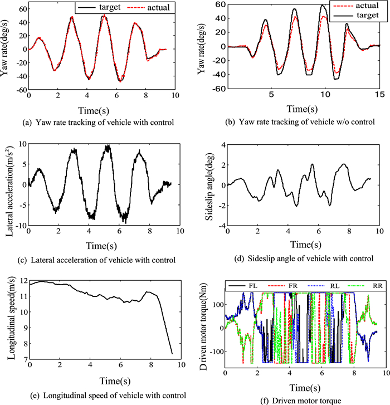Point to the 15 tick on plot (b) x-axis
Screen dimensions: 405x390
tap(379, 96)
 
